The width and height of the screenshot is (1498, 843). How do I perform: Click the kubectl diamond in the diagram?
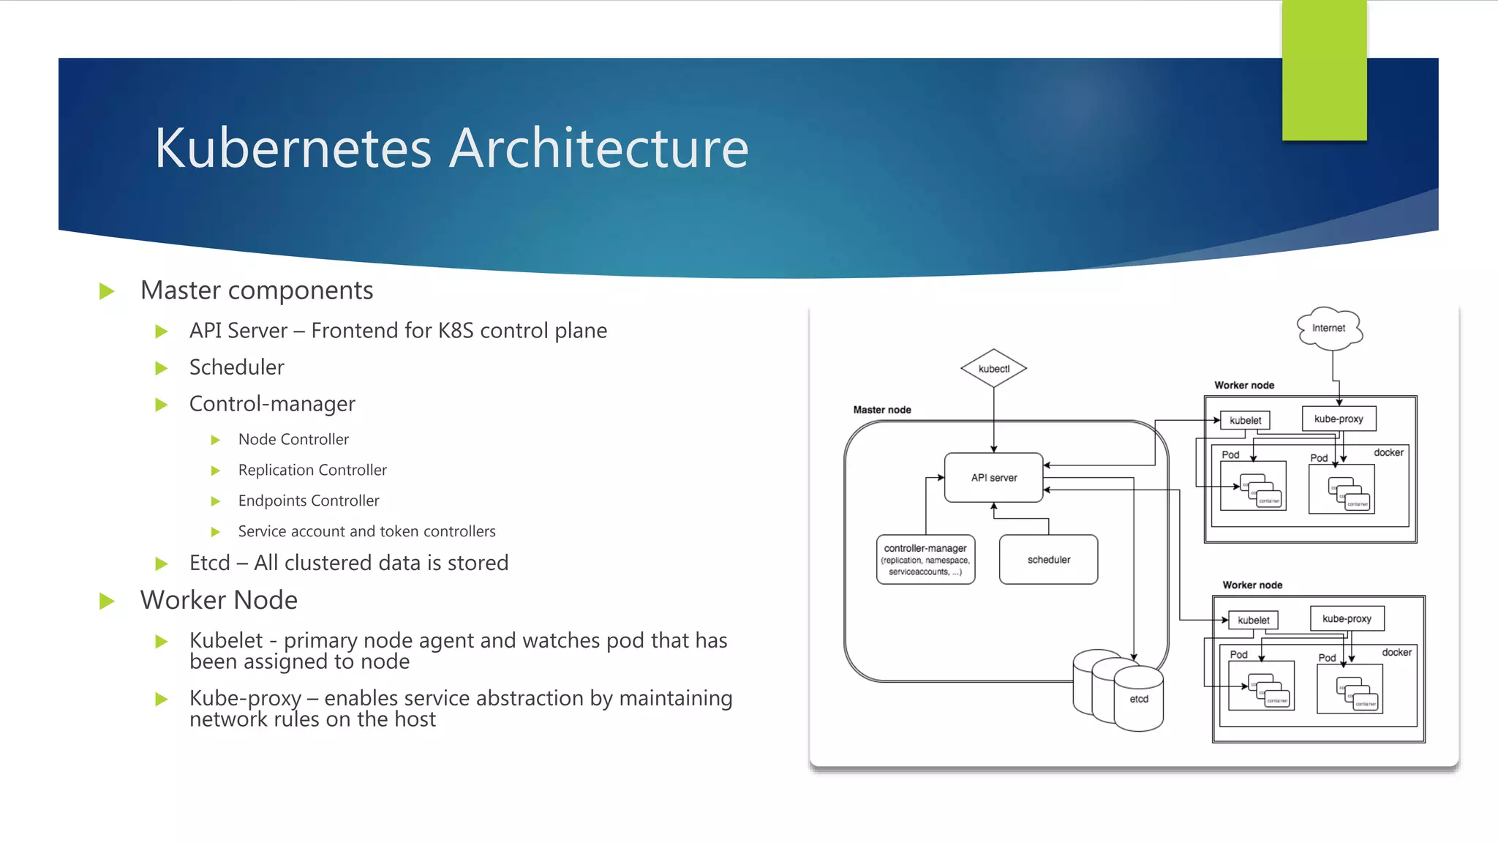[993, 369]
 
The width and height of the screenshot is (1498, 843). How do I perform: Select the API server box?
[993, 478]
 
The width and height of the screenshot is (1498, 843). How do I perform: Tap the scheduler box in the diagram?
[1048, 560]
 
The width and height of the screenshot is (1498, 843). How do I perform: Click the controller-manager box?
[925, 559]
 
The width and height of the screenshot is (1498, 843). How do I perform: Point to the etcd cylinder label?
[1139, 699]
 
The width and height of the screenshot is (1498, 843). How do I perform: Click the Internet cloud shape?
[1329, 328]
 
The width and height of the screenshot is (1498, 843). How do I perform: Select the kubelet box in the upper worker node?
[1245, 420]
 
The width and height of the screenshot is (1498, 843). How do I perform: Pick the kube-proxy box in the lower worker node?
[1347, 618]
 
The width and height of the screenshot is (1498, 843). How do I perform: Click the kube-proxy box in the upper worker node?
[1339, 419]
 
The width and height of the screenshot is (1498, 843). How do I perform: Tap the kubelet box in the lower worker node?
[1253, 620]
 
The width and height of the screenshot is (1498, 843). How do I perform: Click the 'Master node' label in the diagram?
[882, 410]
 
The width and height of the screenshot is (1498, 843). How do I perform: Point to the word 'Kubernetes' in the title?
[293, 149]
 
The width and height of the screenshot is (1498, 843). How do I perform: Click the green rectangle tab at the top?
[1324, 70]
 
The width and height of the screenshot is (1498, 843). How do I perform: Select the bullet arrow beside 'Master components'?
[107, 291]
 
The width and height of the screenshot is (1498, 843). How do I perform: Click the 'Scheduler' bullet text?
[236, 367]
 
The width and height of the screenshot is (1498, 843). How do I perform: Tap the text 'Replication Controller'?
[312, 470]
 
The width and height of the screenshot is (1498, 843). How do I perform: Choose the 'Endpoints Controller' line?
[309, 501]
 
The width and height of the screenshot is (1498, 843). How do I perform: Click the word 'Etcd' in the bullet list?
[209, 563]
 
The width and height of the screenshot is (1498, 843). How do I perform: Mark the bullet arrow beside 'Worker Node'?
[107, 602]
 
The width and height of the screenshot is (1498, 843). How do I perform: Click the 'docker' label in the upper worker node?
[1388, 452]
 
